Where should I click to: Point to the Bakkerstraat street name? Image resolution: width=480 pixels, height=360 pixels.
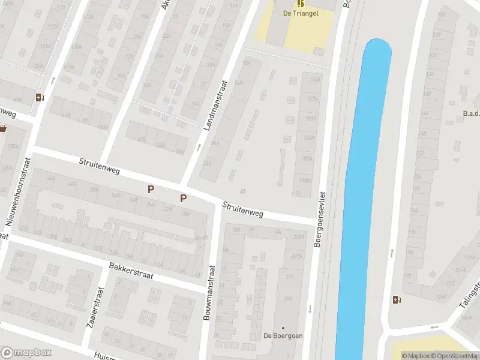tap(131, 271)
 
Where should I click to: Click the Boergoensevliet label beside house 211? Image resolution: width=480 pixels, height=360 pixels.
tap(322, 221)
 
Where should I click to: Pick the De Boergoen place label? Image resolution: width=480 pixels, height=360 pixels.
tap(283, 336)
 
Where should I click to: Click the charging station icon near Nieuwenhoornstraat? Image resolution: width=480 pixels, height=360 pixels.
tap(40, 97)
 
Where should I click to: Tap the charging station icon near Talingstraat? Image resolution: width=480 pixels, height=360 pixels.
tap(396, 300)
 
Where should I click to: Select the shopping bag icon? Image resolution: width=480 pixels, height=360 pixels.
tap(3, 128)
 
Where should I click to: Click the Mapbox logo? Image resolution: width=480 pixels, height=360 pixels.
tap(26, 353)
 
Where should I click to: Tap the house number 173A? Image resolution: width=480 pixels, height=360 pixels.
tap(311, 79)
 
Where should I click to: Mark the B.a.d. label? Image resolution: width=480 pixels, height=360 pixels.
tap(471, 113)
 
